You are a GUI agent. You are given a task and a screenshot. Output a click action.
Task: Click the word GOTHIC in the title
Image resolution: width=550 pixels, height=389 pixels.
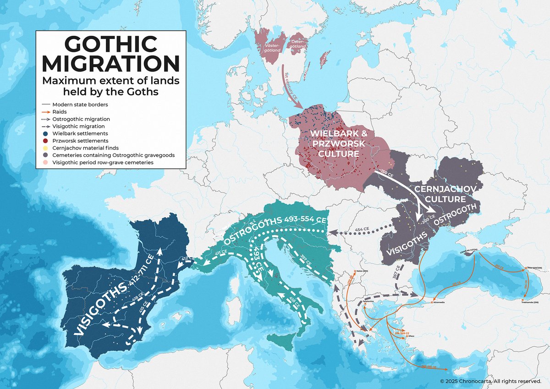[110, 44]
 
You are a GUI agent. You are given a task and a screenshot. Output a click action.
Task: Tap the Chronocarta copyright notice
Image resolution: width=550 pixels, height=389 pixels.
[490, 381]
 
